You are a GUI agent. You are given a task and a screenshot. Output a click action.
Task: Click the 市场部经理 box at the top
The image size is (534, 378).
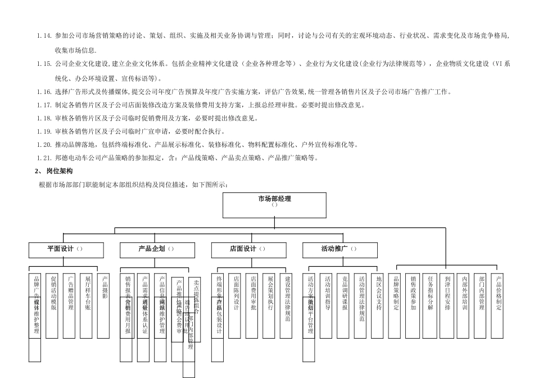(274, 205)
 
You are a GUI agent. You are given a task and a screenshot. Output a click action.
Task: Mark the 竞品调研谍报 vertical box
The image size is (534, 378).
(345, 298)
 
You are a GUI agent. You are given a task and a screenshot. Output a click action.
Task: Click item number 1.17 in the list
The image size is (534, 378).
(44, 105)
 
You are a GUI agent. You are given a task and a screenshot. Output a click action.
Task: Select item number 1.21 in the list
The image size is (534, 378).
(44, 158)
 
